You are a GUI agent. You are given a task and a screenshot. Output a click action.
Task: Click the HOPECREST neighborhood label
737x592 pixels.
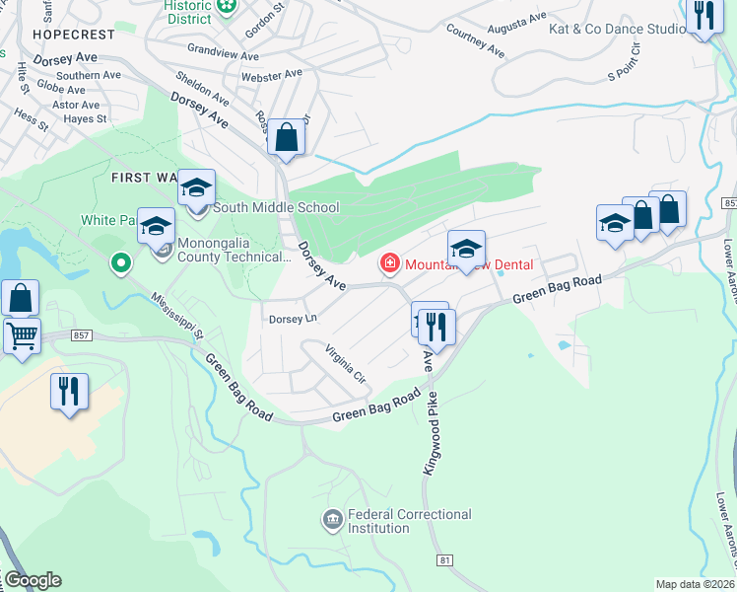tap(73, 34)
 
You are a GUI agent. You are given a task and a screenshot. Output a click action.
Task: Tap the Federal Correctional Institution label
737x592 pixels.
tap(409, 521)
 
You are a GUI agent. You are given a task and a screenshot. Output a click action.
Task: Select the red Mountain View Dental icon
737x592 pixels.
tap(390, 263)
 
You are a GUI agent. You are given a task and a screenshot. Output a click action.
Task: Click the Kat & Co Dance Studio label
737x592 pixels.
tap(617, 30)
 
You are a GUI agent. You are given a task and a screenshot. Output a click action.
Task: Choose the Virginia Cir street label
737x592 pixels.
tap(346, 363)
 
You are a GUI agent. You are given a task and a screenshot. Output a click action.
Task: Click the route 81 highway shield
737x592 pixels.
tap(445, 559)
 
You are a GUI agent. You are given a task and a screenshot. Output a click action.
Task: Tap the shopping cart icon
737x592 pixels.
tap(22, 334)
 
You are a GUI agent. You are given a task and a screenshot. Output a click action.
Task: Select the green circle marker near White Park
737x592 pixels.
tap(121, 263)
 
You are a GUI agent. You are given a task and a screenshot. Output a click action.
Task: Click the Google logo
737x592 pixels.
tap(32, 580)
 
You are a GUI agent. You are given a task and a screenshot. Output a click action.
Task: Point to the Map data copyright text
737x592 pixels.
tap(695, 584)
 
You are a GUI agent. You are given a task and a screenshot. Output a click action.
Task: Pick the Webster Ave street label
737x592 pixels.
tap(272, 75)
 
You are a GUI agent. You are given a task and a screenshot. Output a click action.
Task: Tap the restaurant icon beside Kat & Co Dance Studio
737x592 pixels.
tap(703, 16)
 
